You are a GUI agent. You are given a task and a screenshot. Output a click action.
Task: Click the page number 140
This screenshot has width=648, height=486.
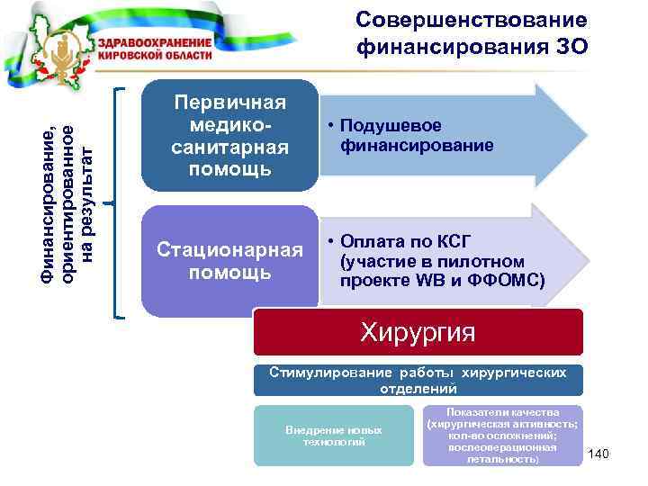[x=598, y=454]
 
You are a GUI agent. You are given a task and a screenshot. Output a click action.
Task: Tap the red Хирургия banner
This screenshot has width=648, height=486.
[x=418, y=333]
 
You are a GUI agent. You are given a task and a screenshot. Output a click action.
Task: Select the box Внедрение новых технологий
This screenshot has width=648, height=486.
[x=334, y=436]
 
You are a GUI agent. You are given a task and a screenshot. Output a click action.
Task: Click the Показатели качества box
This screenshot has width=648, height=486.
[x=502, y=436]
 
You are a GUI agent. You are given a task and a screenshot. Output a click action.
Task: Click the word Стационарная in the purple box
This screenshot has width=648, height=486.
[x=229, y=248]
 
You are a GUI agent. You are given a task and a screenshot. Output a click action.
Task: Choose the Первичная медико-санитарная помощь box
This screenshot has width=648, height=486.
[x=229, y=135]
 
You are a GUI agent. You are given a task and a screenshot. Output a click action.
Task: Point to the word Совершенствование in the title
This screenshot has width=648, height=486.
[x=472, y=20]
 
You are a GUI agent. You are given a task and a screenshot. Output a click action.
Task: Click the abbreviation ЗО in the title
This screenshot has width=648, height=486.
[x=571, y=45]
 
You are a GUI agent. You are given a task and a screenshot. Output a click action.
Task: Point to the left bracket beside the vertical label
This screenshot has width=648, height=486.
[x=119, y=202]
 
